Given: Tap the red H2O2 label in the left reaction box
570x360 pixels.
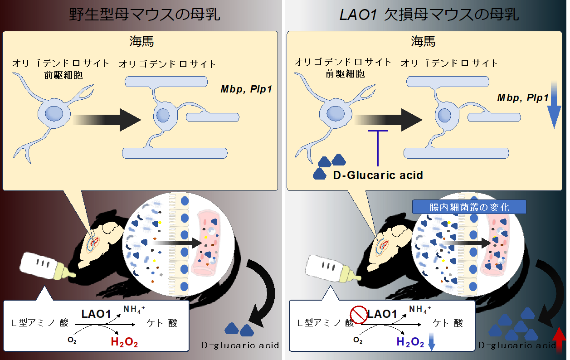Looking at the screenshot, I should [124, 342].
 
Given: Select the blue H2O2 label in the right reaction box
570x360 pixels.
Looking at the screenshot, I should [410, 342].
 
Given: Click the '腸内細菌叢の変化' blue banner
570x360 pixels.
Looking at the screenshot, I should [469, 207].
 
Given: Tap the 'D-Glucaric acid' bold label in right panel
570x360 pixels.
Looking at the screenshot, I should [378, 175].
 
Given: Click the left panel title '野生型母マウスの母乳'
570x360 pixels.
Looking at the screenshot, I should [144, 15].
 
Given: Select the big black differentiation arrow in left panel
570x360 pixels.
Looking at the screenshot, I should [109, 119].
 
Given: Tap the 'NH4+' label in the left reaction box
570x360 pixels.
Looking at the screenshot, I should [134, 310].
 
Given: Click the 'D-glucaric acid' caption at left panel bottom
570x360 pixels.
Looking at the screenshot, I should [240, 345].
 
